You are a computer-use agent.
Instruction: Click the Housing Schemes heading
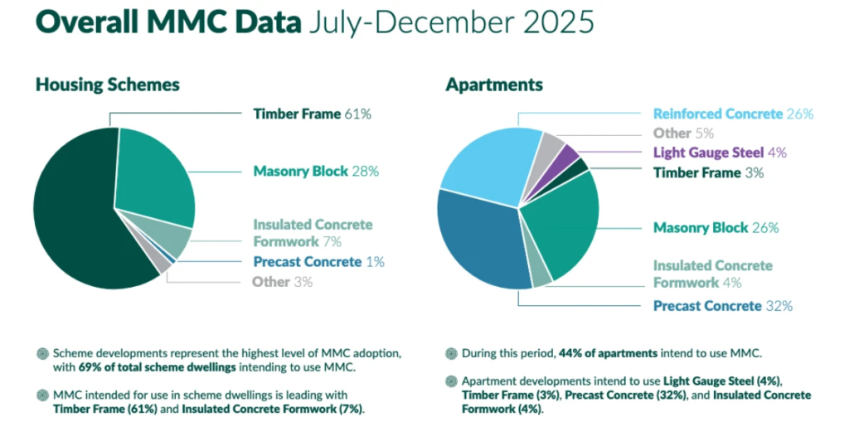(107, 85)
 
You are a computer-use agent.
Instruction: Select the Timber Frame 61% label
(312, 114)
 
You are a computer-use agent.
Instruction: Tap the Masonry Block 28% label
(315, 171)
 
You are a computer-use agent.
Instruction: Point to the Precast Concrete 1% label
(318, 261)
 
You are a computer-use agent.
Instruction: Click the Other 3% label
(283, 282)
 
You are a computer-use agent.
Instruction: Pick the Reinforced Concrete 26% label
(733, 114)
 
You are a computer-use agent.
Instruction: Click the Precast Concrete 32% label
(722, 306)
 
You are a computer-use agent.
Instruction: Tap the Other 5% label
(683, 133)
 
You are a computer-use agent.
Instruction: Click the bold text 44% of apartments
(607, 352)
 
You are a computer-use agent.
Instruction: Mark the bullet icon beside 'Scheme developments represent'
(42, 352)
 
